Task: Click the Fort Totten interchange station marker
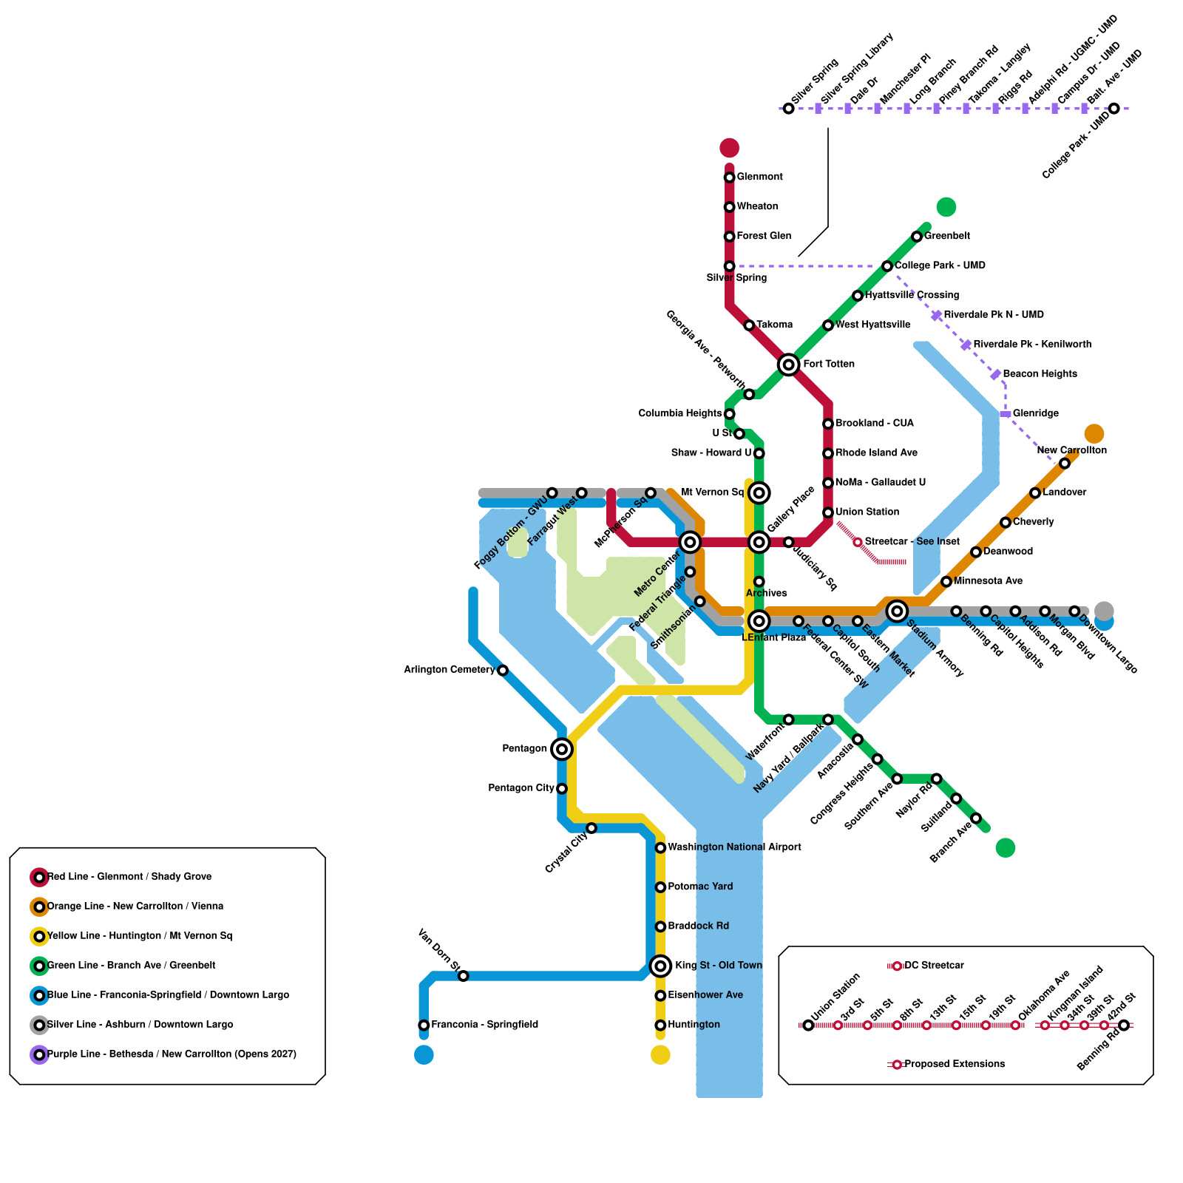(x=788, y=365)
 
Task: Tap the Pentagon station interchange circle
(x=562, y=749)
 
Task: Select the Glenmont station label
(x=759, y=177)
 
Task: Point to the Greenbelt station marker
(x=917, y=237)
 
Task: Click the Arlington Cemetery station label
(x=449, y=670)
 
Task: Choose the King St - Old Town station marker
(x=660, y=966)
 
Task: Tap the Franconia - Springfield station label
(x=484, y=1025)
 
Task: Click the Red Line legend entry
(x=129, y=877)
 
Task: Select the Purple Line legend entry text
(x=172, y=1054)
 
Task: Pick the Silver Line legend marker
(x=39, y=1025)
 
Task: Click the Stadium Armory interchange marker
(x=897, y=611)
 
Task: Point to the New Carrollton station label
(x=1071, y=450)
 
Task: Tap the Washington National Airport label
(x=734, y=847)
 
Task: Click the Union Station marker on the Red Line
(x=828, y=512)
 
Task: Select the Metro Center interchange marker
(x=690, y=542)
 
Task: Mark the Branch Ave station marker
(x=976, y=818)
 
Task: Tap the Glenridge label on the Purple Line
(x=1035, y=413)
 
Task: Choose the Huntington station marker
(x=660, y=1025)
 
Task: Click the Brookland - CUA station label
(x=874, y=424)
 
